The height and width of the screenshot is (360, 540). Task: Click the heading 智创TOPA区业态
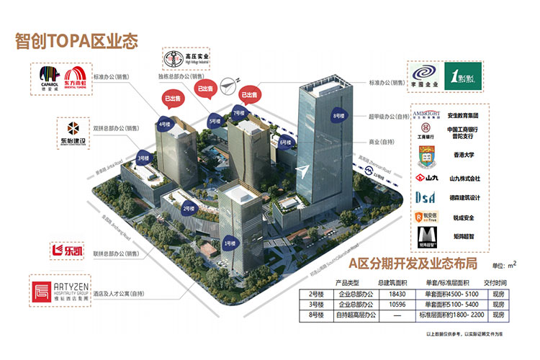tap(76, 40)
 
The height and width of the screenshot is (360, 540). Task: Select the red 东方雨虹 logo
tap(76, 78)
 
